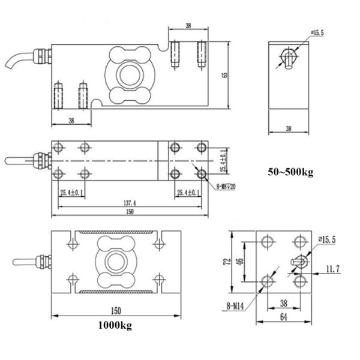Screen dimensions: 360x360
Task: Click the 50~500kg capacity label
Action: [x=290, y=173]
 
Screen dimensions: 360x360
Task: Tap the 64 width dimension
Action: [x=283, y=316]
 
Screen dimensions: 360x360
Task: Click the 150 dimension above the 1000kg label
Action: [x=116, y=311]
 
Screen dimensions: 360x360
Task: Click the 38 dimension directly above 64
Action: [x=281, y=303]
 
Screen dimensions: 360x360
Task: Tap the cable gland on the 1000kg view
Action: [x=42, y=262]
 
